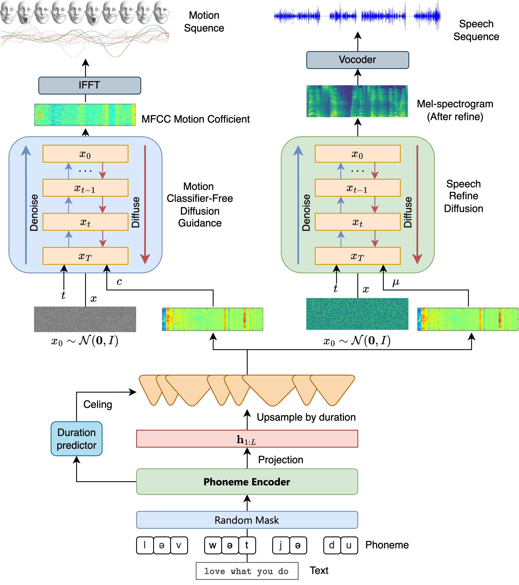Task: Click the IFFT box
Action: coord(90,85)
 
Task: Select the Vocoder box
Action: coord(357,60)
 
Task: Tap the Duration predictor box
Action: coord(76,439)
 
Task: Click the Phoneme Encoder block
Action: coord(247,482)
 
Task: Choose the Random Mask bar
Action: coord(247,520)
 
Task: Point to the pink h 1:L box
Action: coord(247,439)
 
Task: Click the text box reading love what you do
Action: coord(247,571)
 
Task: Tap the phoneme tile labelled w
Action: coord(213,545)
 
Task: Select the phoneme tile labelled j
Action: coord(281,545)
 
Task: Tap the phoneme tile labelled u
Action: coord(349,545)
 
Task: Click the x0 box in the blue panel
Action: coord(85,154)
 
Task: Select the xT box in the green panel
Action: coord(357,256)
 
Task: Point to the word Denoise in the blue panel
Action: coord(34,212)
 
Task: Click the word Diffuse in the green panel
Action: coord(408,212)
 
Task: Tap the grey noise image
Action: coord(85,319)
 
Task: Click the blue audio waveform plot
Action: coord(357,16)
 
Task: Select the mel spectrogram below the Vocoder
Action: coord(357,101)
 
